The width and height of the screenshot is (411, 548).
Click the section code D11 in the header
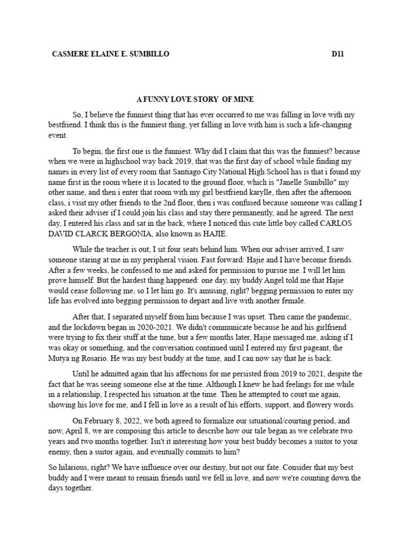click(x=337, y=55)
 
